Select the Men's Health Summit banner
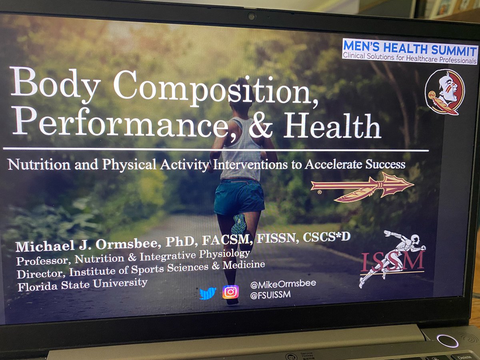click(x=410, y=51)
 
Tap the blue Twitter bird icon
click(x=208, y=293)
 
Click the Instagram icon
click(x=230, y=292)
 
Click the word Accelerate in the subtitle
click(x=338, y=164)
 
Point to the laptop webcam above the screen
click(x=251, y=16)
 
